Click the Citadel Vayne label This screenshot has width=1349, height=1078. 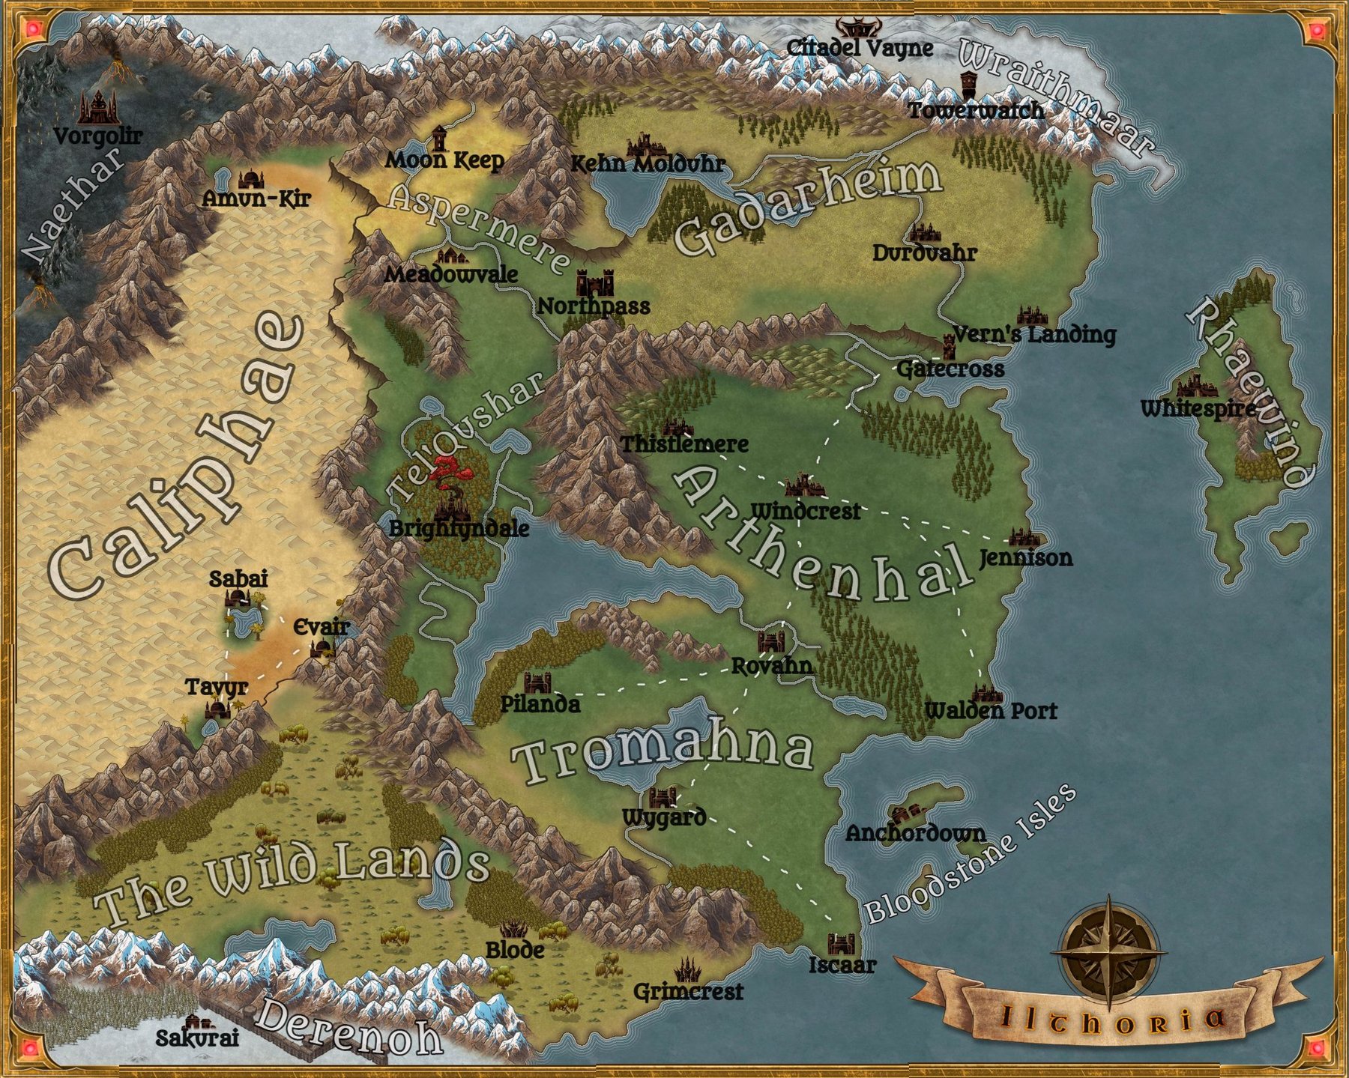860,49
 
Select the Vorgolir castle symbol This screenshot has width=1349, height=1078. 96,108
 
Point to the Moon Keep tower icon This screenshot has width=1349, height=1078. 439,139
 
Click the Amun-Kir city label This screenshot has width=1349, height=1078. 256,199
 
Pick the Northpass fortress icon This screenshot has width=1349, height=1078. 594,283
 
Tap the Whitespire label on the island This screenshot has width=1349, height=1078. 1198,409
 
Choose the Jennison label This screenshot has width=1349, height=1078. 1025,558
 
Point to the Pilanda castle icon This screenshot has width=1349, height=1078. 537,682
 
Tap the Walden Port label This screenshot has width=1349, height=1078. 991,711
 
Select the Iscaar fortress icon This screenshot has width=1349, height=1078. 841,943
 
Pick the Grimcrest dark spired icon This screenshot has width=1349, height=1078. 686,971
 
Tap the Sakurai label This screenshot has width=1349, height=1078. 197,1038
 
